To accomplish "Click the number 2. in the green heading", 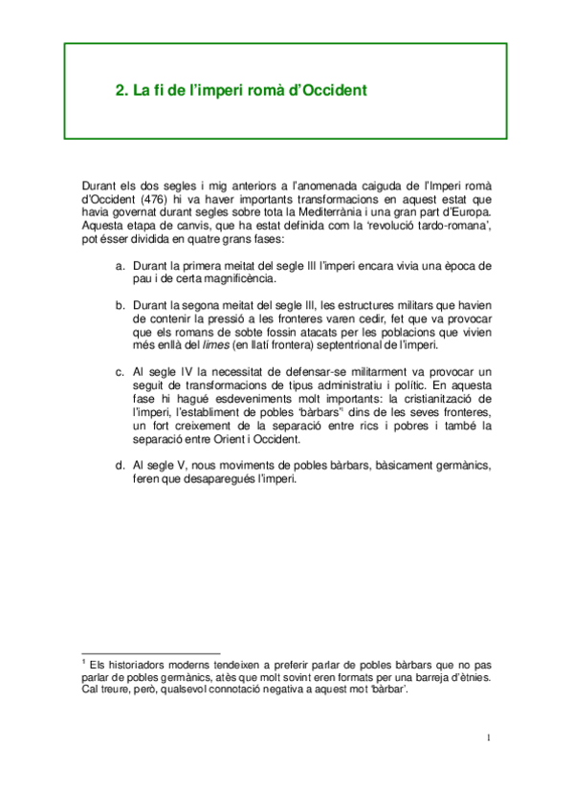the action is pyautogui.click(x=121, y=92).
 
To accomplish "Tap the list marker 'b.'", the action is pyautogui.click(x=120, y=305).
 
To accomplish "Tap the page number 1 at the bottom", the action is pyautogui.click(x=488, y=737).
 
